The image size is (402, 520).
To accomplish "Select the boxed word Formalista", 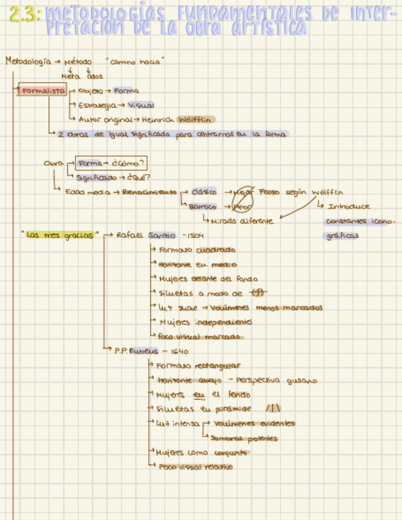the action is [x=43, y=91].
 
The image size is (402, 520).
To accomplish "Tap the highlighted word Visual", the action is [x=140, y=105].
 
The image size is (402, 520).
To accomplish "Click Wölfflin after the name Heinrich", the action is [x=197, y=119].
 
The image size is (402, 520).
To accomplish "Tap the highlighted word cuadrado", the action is [x=215, y=250].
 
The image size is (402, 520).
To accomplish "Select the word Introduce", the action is [x=349, y=207].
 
